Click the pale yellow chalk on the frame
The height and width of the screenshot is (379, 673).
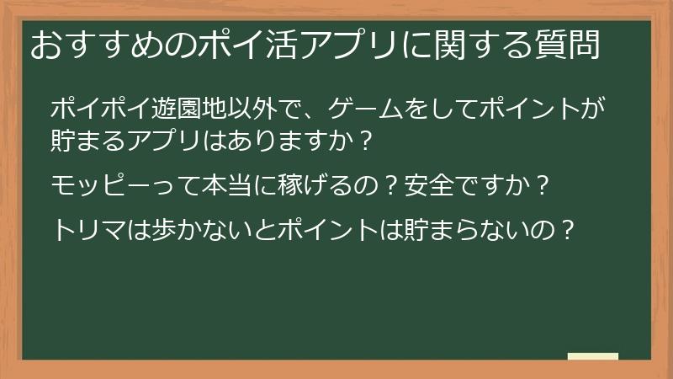[x=592, y=356]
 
